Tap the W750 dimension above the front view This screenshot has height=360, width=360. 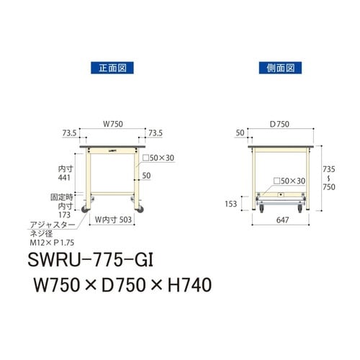click(x=112, y=124)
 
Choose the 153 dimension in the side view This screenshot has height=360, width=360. click(x=231, y=204)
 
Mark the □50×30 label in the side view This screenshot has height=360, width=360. click(x=290, y=181)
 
